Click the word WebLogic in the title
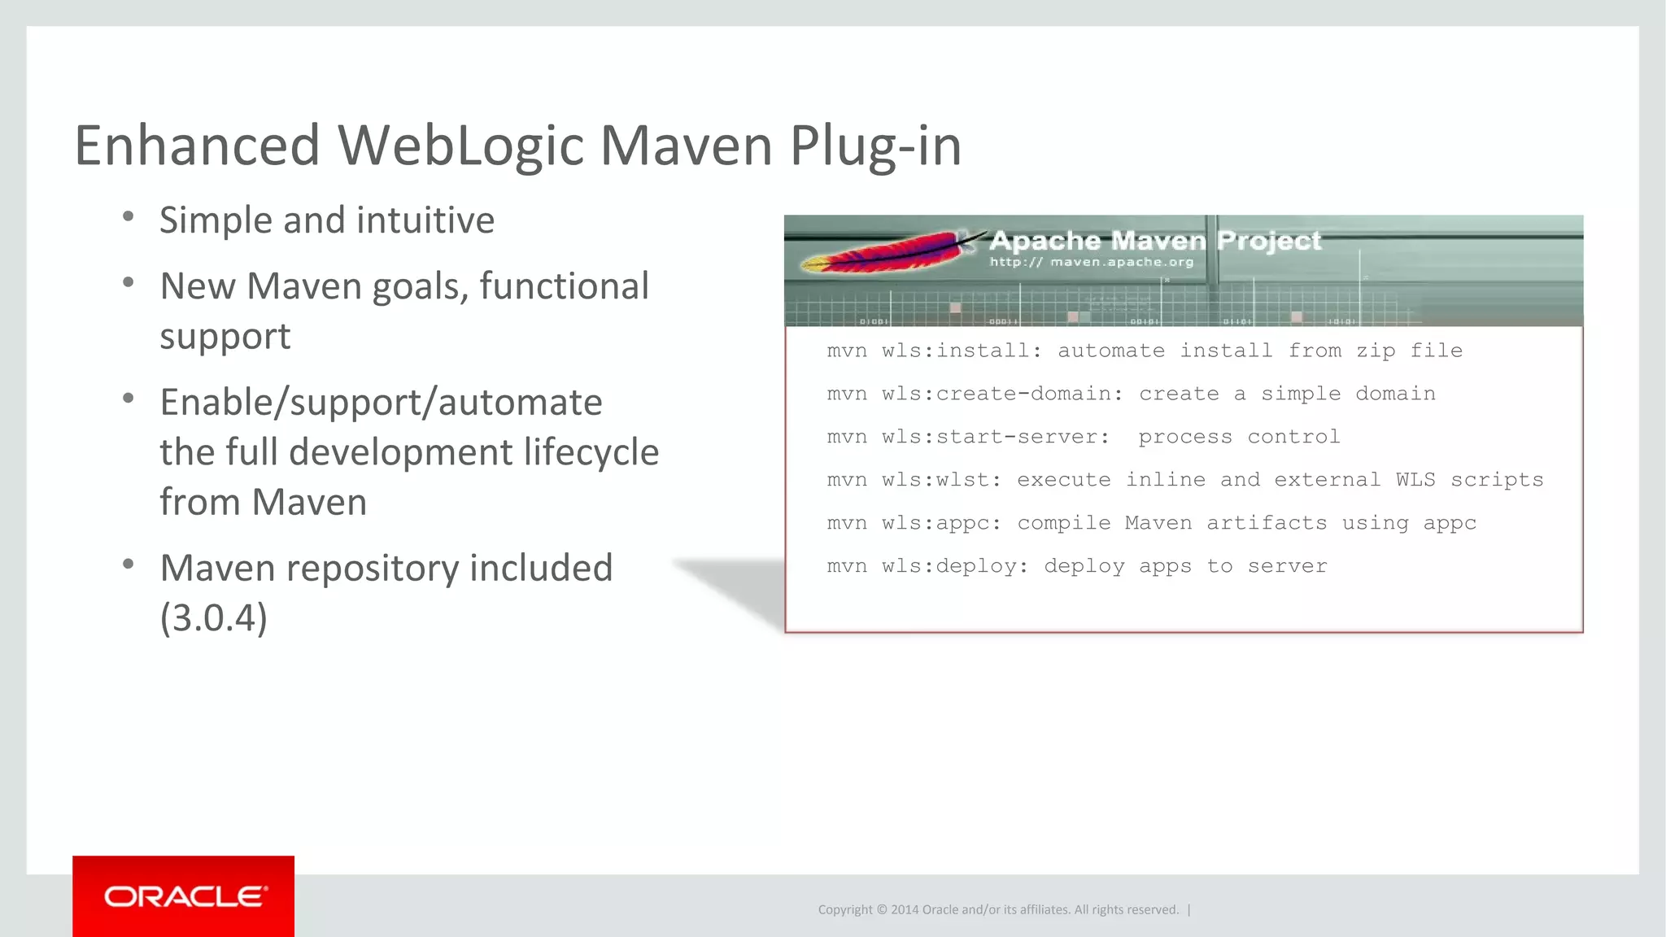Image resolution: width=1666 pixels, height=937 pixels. tap(460, 146)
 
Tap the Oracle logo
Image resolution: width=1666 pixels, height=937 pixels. tap(184, 896)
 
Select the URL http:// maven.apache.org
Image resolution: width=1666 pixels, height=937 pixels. tap(1091, 262)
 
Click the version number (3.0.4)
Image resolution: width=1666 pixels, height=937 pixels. tap(214, 618)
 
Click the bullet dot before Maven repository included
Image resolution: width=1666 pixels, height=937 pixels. tap(128, 564)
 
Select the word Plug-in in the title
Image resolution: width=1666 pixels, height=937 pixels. tap(875, 146)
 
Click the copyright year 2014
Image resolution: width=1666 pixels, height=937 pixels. tap(905, 909)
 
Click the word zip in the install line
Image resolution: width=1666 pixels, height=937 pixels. tap(1376, 351)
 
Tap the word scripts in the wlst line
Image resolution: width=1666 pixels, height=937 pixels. tap(1497, 480)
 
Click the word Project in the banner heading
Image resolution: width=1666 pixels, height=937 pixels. tap(1269, 241)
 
